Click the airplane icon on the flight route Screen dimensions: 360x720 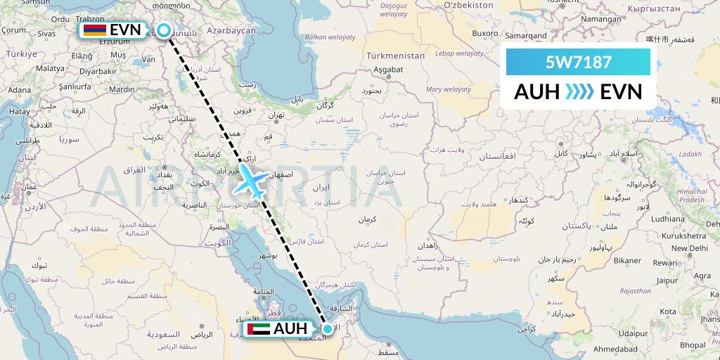pos(251,181)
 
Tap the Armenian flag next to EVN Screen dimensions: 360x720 pos(95,30)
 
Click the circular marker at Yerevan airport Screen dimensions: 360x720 pos(163,30)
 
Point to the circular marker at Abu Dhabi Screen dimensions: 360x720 pos(327,328)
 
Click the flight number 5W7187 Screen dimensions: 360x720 pos(578,63)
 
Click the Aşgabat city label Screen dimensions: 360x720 pos(387,70)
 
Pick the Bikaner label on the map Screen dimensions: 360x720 pos(626,261)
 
